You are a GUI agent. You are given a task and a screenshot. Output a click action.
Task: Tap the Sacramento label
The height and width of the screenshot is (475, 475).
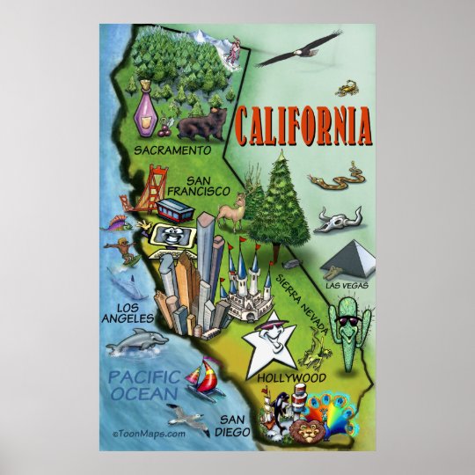[x=174, y=150]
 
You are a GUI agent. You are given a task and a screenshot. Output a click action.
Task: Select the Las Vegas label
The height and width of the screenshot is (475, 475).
[x=346, y=285]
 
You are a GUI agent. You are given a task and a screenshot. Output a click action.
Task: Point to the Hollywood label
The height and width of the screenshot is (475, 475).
[x=292, y=377]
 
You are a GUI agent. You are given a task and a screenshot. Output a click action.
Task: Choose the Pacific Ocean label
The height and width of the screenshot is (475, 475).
[x=144, y=386]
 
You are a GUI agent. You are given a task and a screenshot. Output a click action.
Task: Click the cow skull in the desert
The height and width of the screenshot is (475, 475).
[x=336, y=217]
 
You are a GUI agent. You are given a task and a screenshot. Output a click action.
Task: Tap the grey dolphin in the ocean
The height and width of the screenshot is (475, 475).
[x=135, y=340]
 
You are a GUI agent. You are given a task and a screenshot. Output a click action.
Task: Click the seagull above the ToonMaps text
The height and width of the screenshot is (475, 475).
[x=186, y=413]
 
